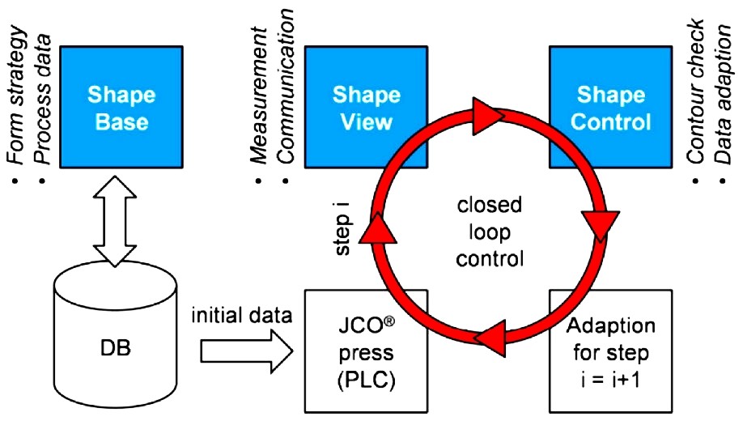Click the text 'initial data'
tap(242, 314)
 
